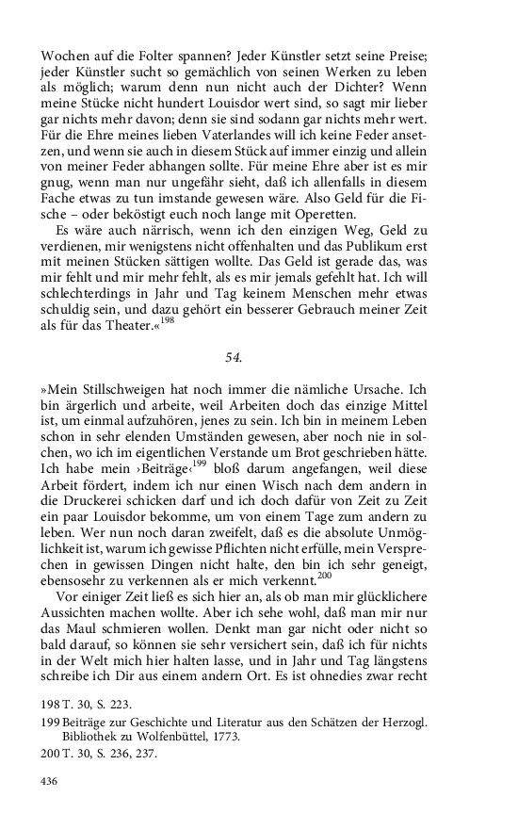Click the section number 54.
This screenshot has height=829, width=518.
234,357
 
